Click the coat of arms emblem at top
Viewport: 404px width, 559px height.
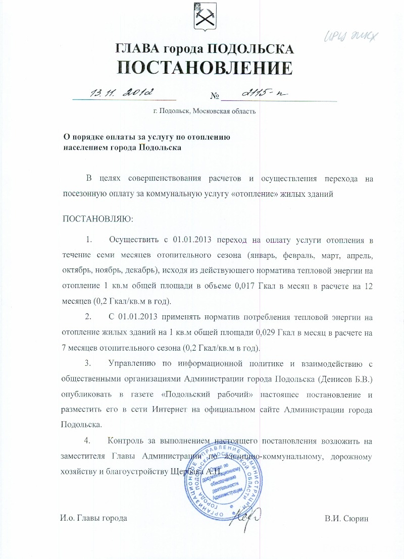point(204,17)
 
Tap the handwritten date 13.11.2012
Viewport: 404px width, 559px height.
point(122,92)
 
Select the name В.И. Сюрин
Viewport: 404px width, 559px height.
point(347,519)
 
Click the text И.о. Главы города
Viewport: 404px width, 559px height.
point(93,519)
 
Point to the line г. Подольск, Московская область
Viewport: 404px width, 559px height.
point(205,111)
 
